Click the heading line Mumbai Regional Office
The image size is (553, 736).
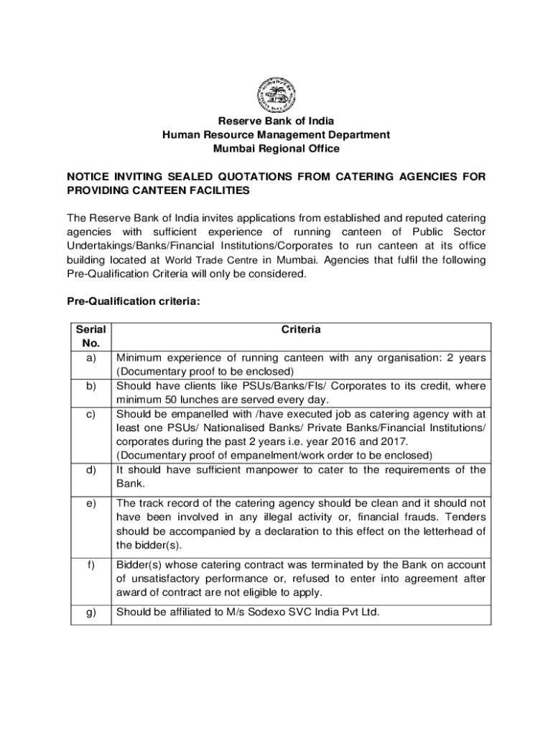point(276,149)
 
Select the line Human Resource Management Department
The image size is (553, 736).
point(276,134)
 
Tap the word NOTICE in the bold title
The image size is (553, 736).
point(89,177)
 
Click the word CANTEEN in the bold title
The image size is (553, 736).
point(173,191)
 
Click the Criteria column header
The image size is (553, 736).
point(301,330)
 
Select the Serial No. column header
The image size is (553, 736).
point(90,336)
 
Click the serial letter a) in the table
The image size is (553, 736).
point(91,357)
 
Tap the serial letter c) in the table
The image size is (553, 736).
point(91,414)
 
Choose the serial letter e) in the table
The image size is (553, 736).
point(91,504)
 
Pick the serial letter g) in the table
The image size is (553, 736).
point(91,612)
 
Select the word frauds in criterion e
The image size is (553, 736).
point(412,517)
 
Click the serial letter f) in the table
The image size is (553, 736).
point(91,565)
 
